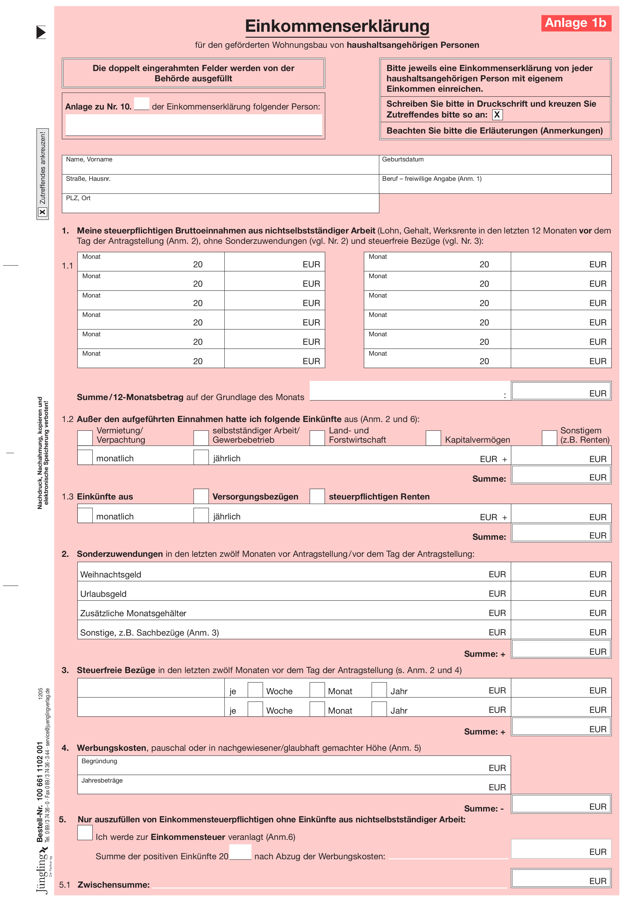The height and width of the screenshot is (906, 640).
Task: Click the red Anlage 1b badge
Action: pos(576,23)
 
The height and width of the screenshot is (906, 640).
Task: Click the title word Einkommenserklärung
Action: pos(337,26)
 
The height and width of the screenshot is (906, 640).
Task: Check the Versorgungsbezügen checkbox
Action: pos(201,496)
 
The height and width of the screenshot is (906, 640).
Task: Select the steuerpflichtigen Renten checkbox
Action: pos(317,496)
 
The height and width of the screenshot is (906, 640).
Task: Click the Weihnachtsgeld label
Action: pos(111,575)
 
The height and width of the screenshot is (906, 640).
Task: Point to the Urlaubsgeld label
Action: pos(103,594)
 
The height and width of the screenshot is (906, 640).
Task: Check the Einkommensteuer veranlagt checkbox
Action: pos(85,833)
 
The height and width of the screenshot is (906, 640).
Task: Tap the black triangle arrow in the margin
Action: pos(41,32)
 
